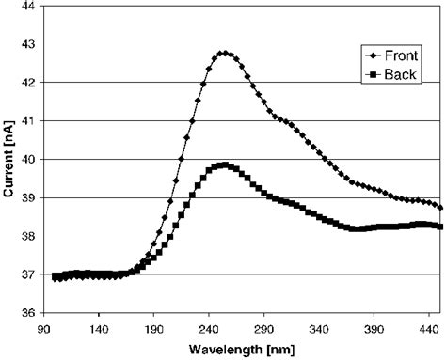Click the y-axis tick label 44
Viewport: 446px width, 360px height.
coord(28,7)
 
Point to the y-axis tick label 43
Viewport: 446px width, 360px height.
coord(28,45)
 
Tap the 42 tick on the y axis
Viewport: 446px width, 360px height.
coord(28,83)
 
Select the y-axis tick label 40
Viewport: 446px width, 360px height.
coord(28,160)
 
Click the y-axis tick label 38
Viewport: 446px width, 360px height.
coord(28,237)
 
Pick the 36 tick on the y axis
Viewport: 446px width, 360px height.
coord(28,313)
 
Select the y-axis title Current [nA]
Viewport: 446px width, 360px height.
coord(8,159)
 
